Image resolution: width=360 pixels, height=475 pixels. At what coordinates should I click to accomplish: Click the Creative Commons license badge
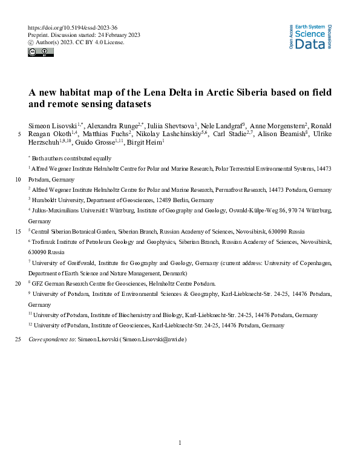coord(41,53)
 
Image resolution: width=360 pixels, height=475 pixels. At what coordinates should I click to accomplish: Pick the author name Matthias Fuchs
coord(106,134)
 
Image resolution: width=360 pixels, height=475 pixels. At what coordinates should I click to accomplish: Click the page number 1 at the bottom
coord(180,444)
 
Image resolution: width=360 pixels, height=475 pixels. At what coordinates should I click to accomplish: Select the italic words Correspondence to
coord(51,339)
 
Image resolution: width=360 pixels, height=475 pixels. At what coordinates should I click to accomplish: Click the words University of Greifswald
coord(61,263)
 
